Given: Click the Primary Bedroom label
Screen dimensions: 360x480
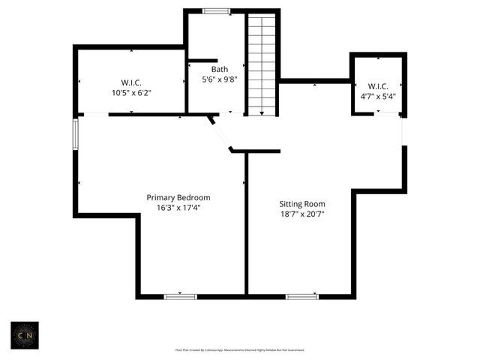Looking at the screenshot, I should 178,197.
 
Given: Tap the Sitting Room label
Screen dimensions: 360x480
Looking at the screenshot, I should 302,203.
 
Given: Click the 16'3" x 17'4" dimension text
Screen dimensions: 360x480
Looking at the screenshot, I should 178,208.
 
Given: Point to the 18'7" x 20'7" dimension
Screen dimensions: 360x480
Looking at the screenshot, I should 302,214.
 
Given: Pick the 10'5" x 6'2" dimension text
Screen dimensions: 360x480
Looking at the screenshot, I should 131,93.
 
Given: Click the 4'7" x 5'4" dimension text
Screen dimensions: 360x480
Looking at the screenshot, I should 378,96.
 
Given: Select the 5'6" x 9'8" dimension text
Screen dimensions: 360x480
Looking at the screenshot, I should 218,79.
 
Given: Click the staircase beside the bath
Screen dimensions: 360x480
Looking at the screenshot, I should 262,66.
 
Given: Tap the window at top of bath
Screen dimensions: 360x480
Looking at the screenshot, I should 217,11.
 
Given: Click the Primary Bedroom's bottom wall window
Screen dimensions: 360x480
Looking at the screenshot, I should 181,296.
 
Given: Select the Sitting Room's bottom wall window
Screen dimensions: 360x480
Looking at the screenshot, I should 302,296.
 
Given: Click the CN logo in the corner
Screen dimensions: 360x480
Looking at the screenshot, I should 25,334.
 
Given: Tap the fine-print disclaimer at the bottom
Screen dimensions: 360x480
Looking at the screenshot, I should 240,349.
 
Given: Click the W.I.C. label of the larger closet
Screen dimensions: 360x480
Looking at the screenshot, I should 131,82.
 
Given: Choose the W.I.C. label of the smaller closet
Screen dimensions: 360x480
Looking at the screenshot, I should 378,86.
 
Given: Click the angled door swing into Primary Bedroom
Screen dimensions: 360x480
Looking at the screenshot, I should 221,133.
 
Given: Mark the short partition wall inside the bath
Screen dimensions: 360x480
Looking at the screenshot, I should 202,60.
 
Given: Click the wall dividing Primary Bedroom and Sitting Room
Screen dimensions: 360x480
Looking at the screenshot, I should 246,225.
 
